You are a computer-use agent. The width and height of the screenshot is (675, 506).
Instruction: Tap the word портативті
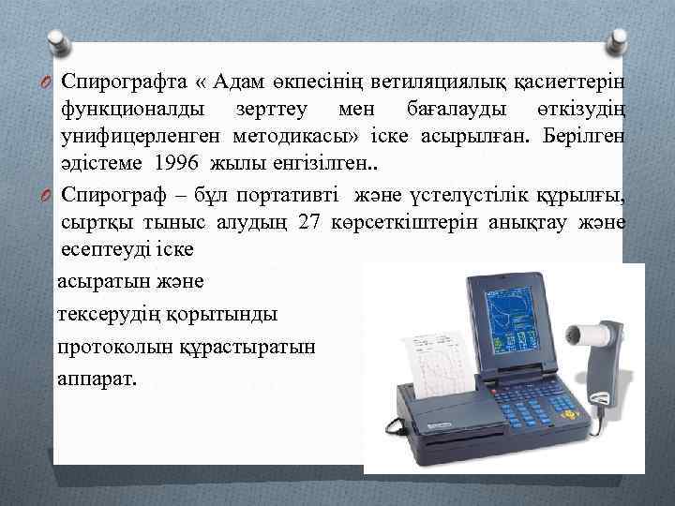tap(291, 194)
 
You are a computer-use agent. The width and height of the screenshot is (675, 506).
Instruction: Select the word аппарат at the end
tap(96, 379)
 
